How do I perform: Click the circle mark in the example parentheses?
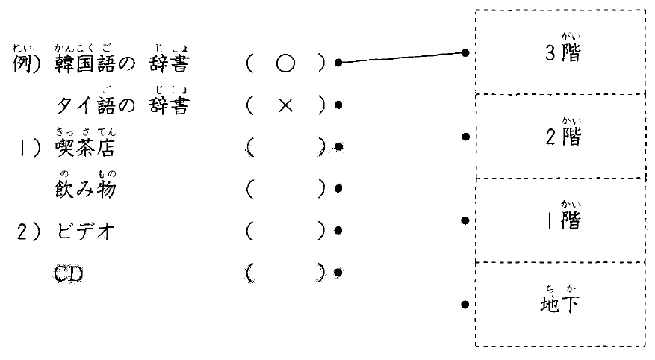click(284, 64)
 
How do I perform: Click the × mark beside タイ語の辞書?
click(284, 106)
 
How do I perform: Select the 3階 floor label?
click(562, 55)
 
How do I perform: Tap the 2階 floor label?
click(562, 138)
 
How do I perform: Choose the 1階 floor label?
click(562, 222)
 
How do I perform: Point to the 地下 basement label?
click(562, 305)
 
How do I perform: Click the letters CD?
click(69, 273)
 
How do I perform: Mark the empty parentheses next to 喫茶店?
click(284, 148)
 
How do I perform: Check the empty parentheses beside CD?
click(284, 273)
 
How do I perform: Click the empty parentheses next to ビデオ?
click(284, 232)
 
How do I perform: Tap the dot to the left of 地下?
click(465, 305)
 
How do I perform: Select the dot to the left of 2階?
click(465, 137)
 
